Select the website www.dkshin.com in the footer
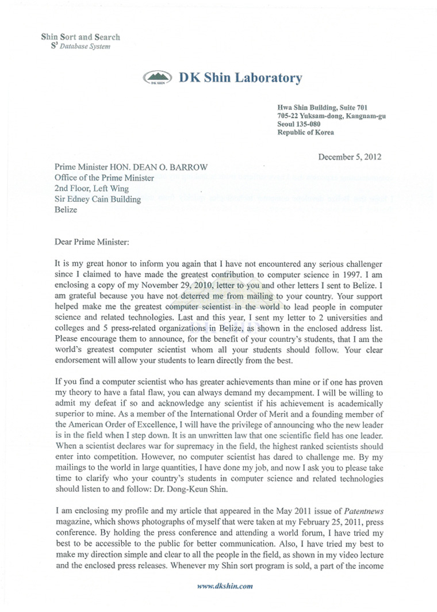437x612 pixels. click(x=225, y=586)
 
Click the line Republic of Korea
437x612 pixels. click(x=305, y=132)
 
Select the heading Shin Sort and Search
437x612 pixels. click(x=80, y=37)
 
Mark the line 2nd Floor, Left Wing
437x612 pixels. click(x=92, y=189)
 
